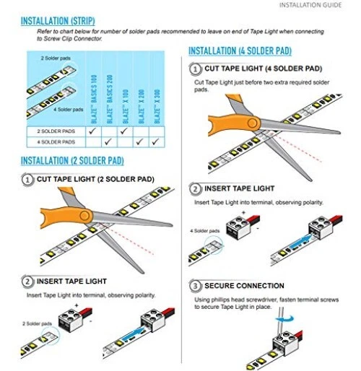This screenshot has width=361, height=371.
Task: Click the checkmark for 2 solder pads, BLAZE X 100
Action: pyautogui.click(x=123, y=132)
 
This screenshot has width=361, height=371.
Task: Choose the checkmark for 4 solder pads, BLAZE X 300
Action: pyautogui.click(x=155, y=142)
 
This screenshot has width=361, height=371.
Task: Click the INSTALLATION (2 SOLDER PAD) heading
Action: pyautogui.click(x=72, y=160)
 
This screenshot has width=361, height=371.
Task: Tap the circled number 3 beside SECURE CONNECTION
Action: pyautogui.click(x=195, y=286)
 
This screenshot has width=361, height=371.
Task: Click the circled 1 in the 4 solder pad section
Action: pyautogui.click(x=195, y=69)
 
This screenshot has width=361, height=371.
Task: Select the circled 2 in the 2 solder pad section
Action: pyautogui.click(x=27, y=281)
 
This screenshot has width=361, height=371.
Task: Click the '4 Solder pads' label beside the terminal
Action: pyautogui.click(x=204, y=230)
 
